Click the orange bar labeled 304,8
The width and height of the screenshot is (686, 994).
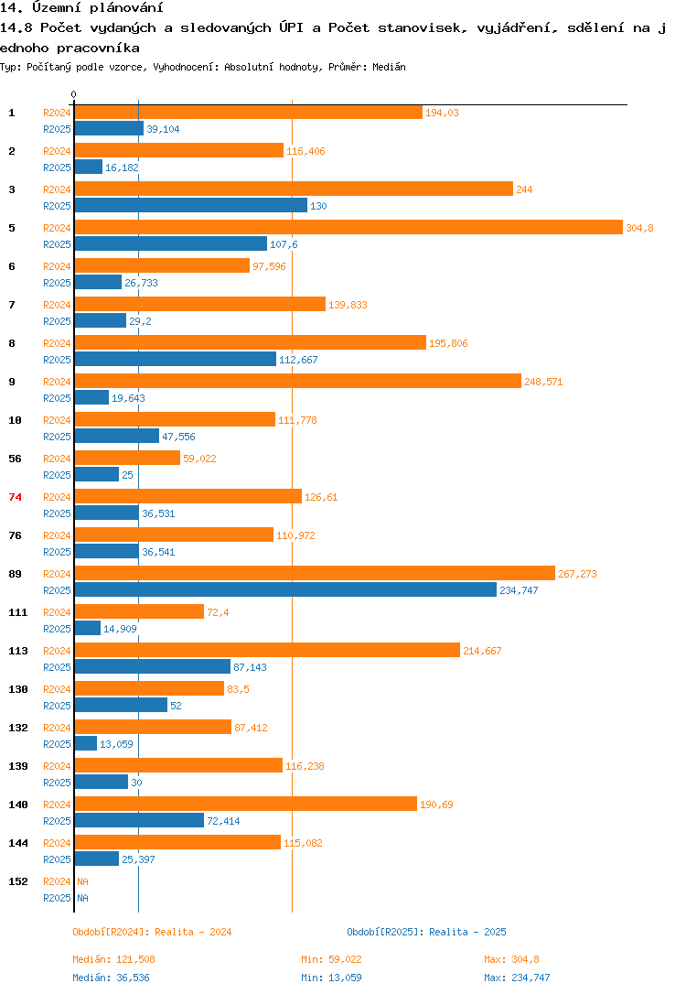coord(348,228)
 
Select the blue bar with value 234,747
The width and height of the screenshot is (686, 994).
coord(284,590)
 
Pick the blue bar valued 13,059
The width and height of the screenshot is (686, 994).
coord(85,744)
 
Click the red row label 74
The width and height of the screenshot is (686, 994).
coord(15,497)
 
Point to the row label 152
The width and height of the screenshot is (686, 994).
coord(17,881)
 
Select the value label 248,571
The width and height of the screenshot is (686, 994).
coord(543,382)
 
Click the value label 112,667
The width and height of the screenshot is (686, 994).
coord(298,360)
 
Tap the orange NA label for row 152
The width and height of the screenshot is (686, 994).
coord(82,881)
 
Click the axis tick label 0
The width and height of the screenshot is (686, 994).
coord(74,94)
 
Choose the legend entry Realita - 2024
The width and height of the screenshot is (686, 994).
coord(152,932)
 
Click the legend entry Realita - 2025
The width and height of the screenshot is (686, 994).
coord(426,932)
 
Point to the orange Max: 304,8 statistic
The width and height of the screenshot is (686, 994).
coord(511,959)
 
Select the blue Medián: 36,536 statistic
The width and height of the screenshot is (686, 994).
coord(114,978)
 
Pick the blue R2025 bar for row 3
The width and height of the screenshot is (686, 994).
coord(190,206)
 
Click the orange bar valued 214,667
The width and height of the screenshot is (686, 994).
coord(266,651)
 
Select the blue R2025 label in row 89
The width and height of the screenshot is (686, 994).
coord(57,590)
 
